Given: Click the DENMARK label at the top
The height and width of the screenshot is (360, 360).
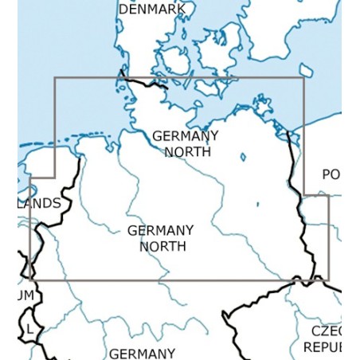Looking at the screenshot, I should [x=152, y=9].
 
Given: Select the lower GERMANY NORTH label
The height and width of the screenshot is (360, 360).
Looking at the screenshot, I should [x=161, y=238].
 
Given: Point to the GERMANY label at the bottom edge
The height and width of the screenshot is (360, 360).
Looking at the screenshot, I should [x=143, y=353].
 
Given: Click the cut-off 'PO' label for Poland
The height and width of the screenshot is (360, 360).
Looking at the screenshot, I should [x=331, y=174].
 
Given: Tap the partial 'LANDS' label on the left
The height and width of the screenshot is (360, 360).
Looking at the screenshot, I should [x=39, y=203].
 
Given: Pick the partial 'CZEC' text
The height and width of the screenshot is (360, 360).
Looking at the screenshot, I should [x=326, y=331].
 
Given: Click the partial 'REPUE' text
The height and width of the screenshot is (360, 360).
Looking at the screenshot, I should [x=322, y=347].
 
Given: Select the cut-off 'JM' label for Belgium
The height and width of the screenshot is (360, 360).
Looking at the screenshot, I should [x=26, y=295].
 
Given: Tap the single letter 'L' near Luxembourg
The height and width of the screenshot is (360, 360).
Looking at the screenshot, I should [x=29, y=328].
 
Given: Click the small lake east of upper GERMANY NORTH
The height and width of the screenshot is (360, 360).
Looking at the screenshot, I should [x=243, y=157].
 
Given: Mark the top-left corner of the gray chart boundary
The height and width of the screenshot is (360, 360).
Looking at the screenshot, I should [x=54, y=78].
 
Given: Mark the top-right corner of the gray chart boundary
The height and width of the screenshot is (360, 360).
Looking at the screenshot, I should [x=303, y=78].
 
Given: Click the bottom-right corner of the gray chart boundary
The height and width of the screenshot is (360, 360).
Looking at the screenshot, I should [x=328, y=280].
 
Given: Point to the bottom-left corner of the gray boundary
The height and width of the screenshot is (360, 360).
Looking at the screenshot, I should [x=30, y=280].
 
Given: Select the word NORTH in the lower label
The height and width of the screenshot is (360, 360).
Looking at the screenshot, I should [x=162, y=246].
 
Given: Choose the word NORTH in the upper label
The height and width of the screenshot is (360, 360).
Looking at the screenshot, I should [x=187, y=151].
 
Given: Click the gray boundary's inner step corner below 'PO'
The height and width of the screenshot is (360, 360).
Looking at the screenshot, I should [x=303, y=194].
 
